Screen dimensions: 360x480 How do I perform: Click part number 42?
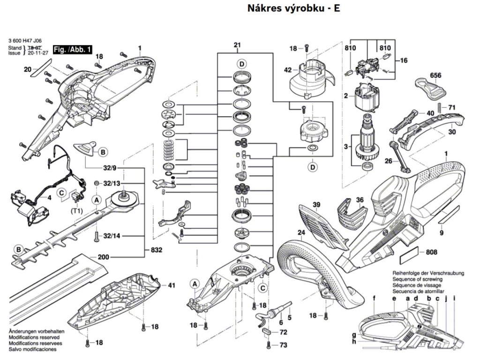(x=288, y=70)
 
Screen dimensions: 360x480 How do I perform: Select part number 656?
(x=436, y=75)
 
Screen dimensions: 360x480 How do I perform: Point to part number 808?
(x=432, y=253)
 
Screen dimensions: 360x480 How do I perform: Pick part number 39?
(x=316, y=205)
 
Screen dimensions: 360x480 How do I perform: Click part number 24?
(x=301, y=232)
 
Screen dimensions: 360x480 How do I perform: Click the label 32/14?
(x=112, y=235)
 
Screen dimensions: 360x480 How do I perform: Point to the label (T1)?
(x=77, y=211)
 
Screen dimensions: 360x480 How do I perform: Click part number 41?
(x=171, y=285)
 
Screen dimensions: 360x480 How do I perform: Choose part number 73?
(x=283, y=345)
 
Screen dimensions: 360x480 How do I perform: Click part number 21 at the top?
(x=237, y=45)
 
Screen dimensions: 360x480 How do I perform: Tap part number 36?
(x=360, y=200)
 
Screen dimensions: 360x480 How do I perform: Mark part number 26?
(x=388, y=161)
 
